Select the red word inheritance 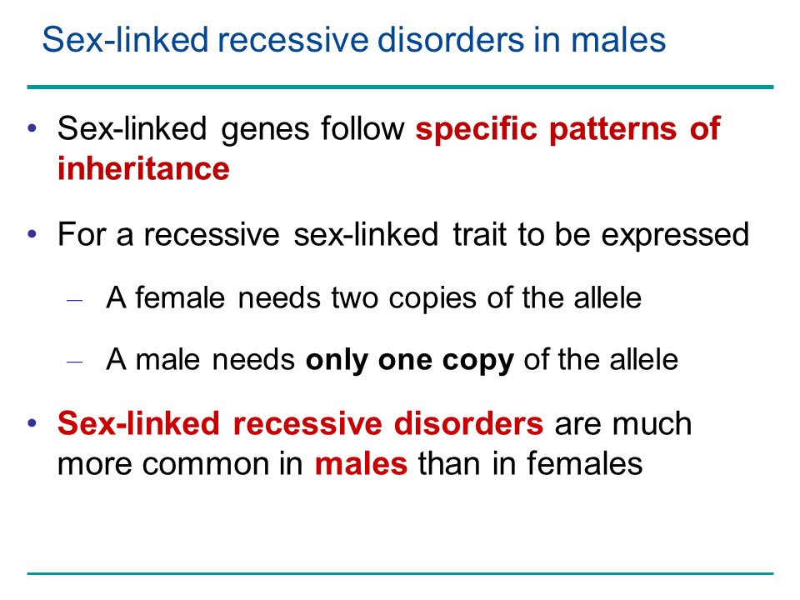pos(143,168)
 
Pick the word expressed pos(675,237)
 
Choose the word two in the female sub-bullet pos(355,298)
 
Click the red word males pos(361,464)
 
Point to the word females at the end pos(585,462)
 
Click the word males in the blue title pos(618,40)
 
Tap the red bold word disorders pos(468,423)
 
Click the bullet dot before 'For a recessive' pos(32,234)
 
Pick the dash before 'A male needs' pos(74,362)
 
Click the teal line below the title pos(400,87)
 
